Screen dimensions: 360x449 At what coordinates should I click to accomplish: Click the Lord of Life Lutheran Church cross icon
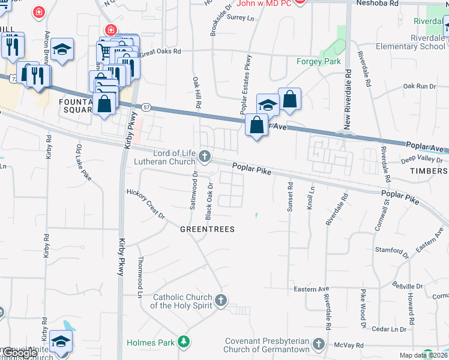click(205, 157)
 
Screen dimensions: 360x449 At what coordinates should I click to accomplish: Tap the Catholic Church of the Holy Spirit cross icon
click(221, 300)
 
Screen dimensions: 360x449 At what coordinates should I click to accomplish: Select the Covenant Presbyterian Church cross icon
click(319, 345)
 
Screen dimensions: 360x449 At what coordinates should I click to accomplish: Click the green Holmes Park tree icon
click(184, 343)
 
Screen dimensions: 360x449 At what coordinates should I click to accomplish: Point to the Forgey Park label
click(319, 61)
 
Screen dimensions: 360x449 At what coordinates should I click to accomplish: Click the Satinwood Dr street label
click(194, 190)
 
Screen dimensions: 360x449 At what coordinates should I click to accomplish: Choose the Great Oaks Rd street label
click(160, 53)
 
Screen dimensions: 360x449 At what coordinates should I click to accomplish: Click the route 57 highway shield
click(146, 107)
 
